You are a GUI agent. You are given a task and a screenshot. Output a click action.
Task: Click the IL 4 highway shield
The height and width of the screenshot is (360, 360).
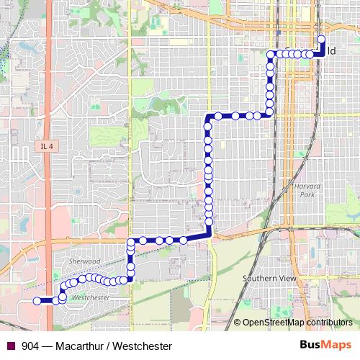coord(48,146)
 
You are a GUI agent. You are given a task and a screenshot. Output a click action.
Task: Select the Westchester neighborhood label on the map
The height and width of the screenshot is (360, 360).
coord(91,297)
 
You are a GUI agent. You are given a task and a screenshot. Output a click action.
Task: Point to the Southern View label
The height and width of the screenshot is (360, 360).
coord(269,278)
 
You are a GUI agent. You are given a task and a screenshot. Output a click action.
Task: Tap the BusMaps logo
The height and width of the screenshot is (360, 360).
coord(325,346)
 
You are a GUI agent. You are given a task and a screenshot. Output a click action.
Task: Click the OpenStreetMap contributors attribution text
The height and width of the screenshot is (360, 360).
coord(297,323)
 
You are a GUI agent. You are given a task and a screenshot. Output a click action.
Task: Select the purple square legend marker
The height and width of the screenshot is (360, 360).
coord(11,346)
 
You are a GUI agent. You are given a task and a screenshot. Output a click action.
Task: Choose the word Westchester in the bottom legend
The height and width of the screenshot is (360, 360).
coord(141,346)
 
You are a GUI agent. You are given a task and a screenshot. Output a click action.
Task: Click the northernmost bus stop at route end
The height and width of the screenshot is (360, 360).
coord(321,40)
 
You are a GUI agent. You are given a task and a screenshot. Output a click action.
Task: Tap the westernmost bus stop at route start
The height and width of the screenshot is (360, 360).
coord(37,301)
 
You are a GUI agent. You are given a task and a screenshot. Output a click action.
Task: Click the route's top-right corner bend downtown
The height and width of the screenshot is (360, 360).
coord(321,53)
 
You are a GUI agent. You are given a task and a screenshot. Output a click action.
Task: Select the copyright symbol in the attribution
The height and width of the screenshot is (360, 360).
coord(237,323)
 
